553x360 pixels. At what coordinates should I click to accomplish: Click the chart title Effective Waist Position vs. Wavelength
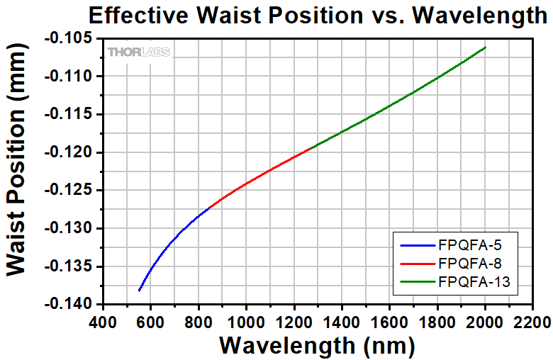point(316,16)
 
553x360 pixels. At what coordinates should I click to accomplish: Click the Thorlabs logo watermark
point(143,52)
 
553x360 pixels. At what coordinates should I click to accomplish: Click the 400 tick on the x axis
point(103,322)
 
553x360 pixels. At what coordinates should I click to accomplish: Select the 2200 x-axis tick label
point(533,322)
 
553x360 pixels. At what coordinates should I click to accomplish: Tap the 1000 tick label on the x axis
point(246,322)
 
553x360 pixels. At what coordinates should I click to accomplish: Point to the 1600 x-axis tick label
point(389,322)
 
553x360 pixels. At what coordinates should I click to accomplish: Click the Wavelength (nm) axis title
point(316,346)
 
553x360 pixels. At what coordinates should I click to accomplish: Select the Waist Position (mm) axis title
point(19,172)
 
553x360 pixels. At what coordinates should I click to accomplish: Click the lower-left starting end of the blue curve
point(139,291)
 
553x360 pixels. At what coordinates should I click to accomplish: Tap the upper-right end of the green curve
point(486,47)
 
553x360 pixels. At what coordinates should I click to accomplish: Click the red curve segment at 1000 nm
point(246,184)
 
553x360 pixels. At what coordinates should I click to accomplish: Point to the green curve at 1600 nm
point(389,106)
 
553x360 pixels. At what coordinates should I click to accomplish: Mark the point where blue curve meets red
point(211,206)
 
